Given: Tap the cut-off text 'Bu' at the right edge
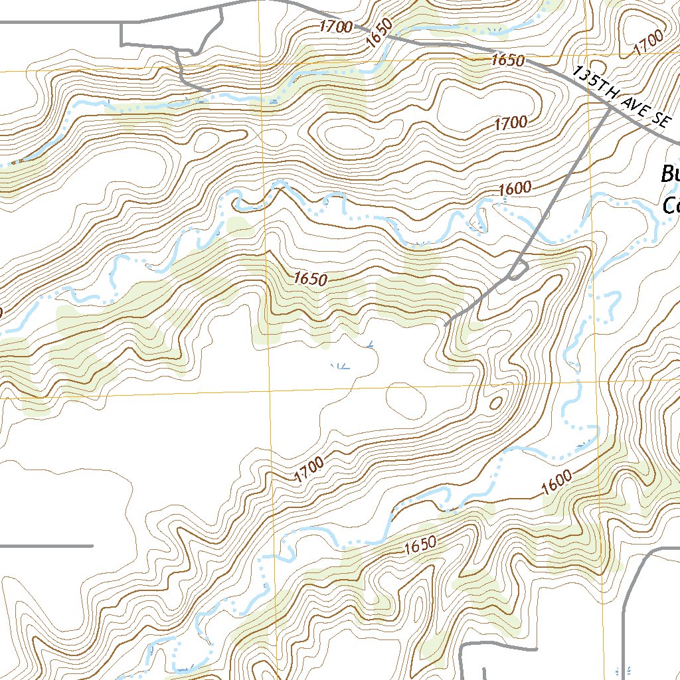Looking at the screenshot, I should [669, 175].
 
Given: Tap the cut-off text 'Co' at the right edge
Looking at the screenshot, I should [671, 205].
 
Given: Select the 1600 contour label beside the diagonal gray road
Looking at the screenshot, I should [515, 189].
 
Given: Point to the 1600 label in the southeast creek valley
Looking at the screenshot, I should [556, 482].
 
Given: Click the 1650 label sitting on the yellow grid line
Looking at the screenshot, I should [508, 60].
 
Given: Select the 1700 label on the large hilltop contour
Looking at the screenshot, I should [511, 123].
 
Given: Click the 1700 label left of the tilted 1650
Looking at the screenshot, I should [335, 27].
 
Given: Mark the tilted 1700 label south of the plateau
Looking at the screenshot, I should [309, 469].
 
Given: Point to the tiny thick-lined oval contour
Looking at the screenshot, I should [495, 403].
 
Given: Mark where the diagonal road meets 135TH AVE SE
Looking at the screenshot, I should [610, 110].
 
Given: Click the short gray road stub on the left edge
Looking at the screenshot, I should [46, 546].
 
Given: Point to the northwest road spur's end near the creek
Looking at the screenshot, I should [209, 90].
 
